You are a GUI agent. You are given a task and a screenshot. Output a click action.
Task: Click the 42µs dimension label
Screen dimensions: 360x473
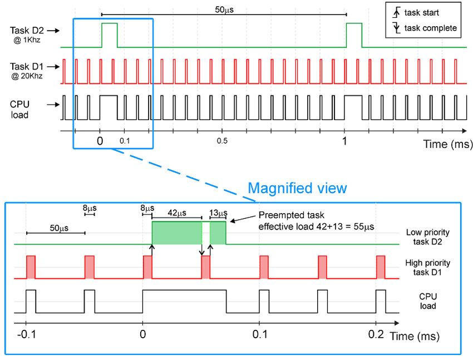click(177, 212)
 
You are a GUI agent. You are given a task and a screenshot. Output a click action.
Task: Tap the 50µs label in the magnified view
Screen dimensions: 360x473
click(56, 228)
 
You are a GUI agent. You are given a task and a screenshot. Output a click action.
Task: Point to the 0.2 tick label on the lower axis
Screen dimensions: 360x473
click(376, 334)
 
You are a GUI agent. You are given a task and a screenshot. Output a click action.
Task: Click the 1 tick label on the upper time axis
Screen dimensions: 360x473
click(345, 141)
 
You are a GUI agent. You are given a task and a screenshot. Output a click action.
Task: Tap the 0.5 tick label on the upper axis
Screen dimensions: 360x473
click(222, 141)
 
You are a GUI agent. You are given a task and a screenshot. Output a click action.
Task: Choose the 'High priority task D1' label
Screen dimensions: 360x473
click(428, 268)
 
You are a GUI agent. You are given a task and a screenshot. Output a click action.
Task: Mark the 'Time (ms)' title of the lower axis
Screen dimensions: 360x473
click(414, 336)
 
